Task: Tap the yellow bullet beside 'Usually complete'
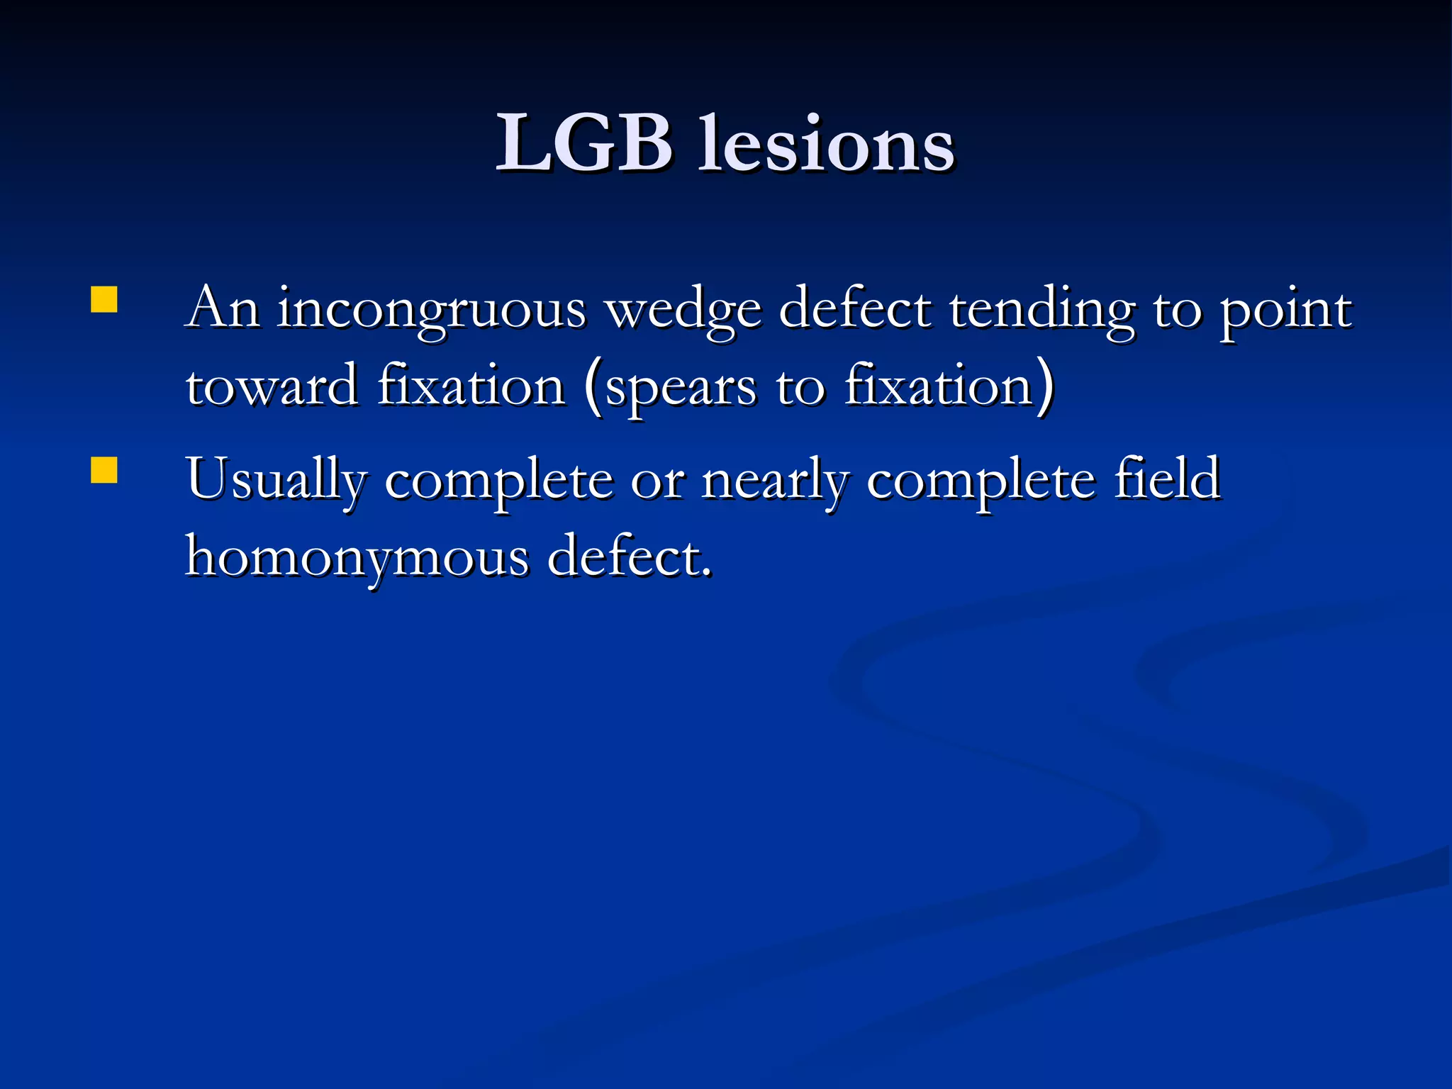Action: click(x=104, y=470)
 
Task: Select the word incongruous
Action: click(x=431, y=310)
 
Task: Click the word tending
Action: click(x=1041, y=310)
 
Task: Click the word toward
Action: click(x=272, y=386)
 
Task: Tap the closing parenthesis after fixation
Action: click(x=1045, y=388)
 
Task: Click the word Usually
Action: click(x=277, y=481)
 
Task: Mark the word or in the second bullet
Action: click(x=657, y=482)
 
